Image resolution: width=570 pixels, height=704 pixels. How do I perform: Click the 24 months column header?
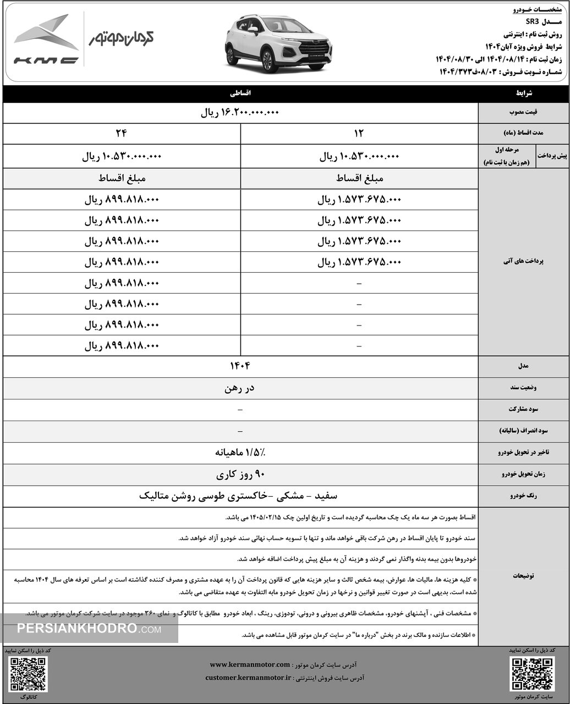coord(122,134)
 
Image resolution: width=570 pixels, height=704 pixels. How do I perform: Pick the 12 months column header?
coord(359,134)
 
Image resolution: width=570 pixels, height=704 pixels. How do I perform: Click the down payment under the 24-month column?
coord(122,157)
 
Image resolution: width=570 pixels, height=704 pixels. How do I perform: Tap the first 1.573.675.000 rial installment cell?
coord(359,200)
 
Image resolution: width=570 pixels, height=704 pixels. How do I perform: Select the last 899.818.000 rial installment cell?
coord(122,346)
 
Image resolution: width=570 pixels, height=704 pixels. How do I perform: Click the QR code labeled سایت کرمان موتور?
coord(531,673)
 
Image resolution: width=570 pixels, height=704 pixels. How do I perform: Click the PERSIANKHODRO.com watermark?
coord(88,629)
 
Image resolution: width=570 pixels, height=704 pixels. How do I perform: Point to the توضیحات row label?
coord(524,575)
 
